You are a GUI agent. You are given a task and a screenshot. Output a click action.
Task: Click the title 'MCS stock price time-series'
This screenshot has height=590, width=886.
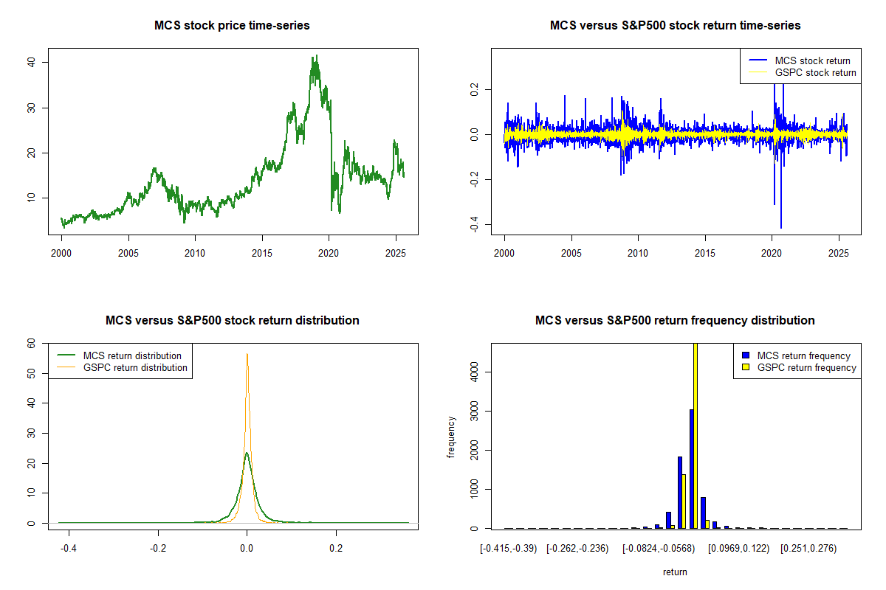click(x=232, y=26)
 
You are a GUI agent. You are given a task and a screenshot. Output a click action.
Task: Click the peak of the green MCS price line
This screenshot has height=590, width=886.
click(x=316, y=56)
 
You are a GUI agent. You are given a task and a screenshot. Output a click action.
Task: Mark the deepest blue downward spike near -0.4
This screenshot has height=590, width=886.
click(x=780, y=227)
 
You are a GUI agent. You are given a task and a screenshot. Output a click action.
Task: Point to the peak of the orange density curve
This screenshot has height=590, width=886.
click(x=247, y=354)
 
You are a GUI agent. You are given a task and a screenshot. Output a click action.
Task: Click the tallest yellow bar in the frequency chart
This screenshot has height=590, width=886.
click(x=695, y=435)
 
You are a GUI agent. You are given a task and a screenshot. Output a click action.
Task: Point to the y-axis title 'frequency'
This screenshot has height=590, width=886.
click(x=451, y=437)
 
